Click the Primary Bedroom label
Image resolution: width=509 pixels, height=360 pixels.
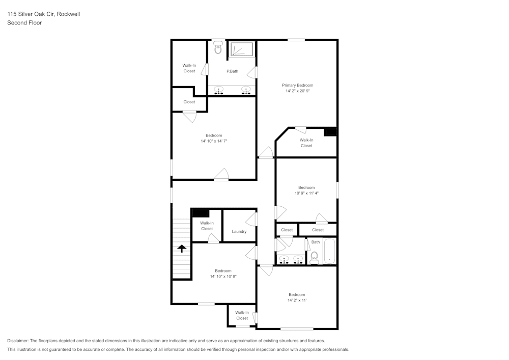pyautogui.click(x=297, y=85)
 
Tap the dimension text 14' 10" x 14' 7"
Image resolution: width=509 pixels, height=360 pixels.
pyautogui.click(x=213, y=141)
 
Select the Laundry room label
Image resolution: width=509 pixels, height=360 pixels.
pyautogui.click(x=239, y=232)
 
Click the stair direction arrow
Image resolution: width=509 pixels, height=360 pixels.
pyautogui.click(x=181, y=248)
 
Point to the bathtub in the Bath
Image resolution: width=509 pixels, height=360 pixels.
pyautogui.click(x=329, y=251)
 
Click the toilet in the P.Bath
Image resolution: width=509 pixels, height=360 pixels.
pyautogui.click(x=218, y=48)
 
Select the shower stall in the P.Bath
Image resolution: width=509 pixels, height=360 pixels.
pyautogui.click(x=242, y=49)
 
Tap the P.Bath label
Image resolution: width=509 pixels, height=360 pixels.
pyautogui.click(x=232, y=71)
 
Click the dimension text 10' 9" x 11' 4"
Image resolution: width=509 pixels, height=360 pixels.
pyautogui.click(x=306, y=193)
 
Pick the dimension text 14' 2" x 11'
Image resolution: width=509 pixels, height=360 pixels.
pyautogui.click(x=297, y=300)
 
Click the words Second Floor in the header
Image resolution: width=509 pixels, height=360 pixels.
pyautogui.click(x=24, y=23)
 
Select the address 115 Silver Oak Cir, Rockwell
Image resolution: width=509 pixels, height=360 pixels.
pyautogui.click(x=43, y=14)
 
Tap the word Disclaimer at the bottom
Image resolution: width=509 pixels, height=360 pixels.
pyautogui.click(x=18, y=341)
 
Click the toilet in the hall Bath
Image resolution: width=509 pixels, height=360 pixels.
pyautogui.click(x=314, y=257)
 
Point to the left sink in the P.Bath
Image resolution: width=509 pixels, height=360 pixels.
pyautogui.click(x=219, y=91)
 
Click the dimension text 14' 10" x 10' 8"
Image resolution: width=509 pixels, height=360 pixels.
pyautogui.click(x=223, y=276)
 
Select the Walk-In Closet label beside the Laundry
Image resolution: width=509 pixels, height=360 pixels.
pyautogui.click(x=207, y=226)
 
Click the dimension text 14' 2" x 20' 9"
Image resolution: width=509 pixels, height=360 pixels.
pyautogui.click(x=297, y=91)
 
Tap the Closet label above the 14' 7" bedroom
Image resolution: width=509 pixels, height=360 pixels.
pyautogui.click(x=189, y=102)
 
